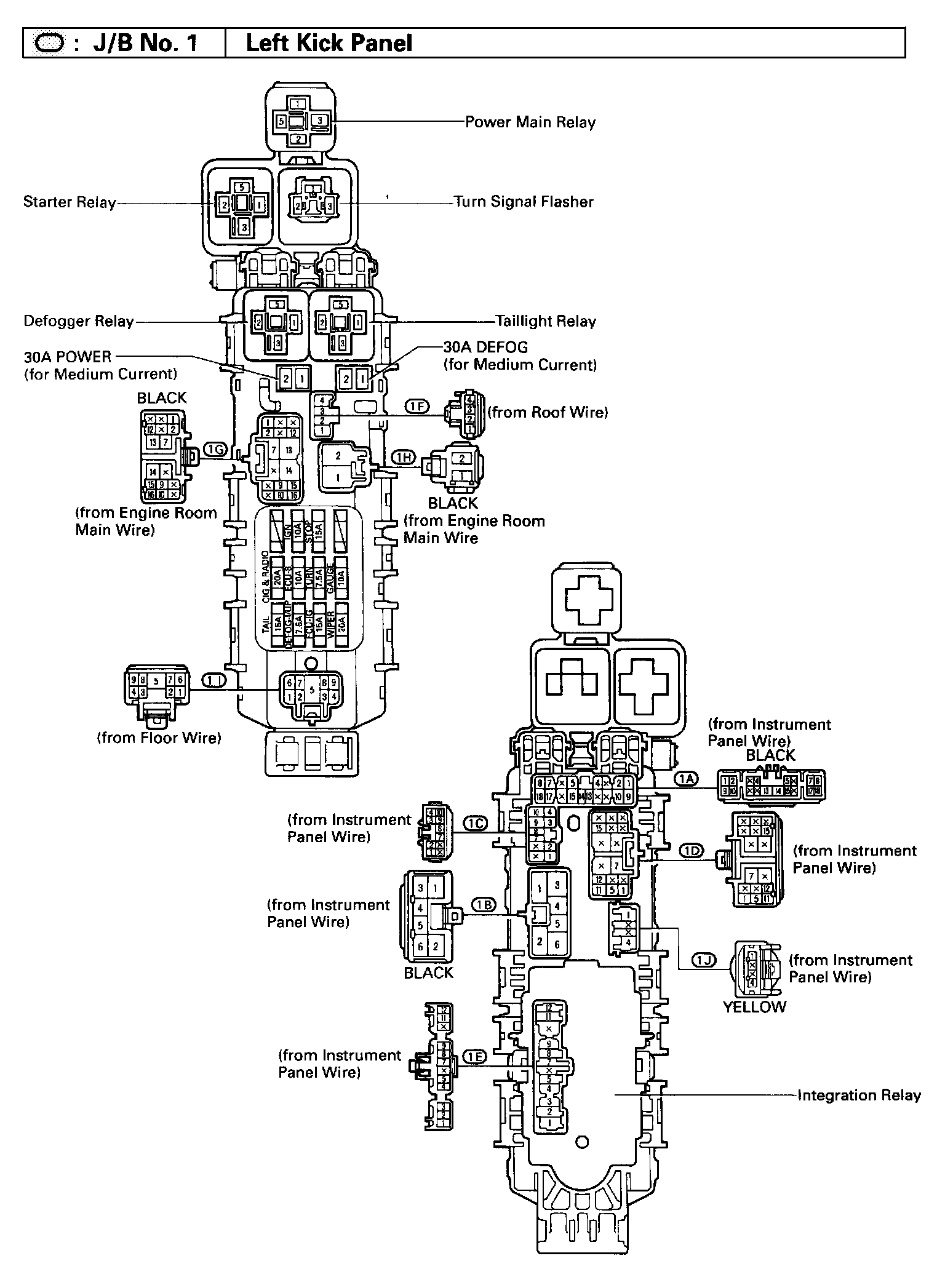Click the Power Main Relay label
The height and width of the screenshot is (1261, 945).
(x=530, y=122)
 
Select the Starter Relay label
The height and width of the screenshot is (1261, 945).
(x=69, y=202)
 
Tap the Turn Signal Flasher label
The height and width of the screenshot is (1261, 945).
(x=524, y=202)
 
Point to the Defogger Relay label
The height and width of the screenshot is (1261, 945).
(x=78, y=321)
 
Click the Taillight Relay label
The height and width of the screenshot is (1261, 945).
(x=546, y=321)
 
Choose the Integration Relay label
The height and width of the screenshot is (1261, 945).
(x=859, y=1096)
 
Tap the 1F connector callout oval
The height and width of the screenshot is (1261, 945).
(x=417, y=407)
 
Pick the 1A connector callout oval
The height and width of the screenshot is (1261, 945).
(x=687, y=779)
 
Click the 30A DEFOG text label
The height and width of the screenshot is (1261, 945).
(x=485, y=348)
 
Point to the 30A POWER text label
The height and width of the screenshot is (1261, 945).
(x=68, y=357)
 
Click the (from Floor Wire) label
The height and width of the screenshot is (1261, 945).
(x=158, y=738)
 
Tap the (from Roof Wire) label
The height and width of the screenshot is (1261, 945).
(x=548, y=412)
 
